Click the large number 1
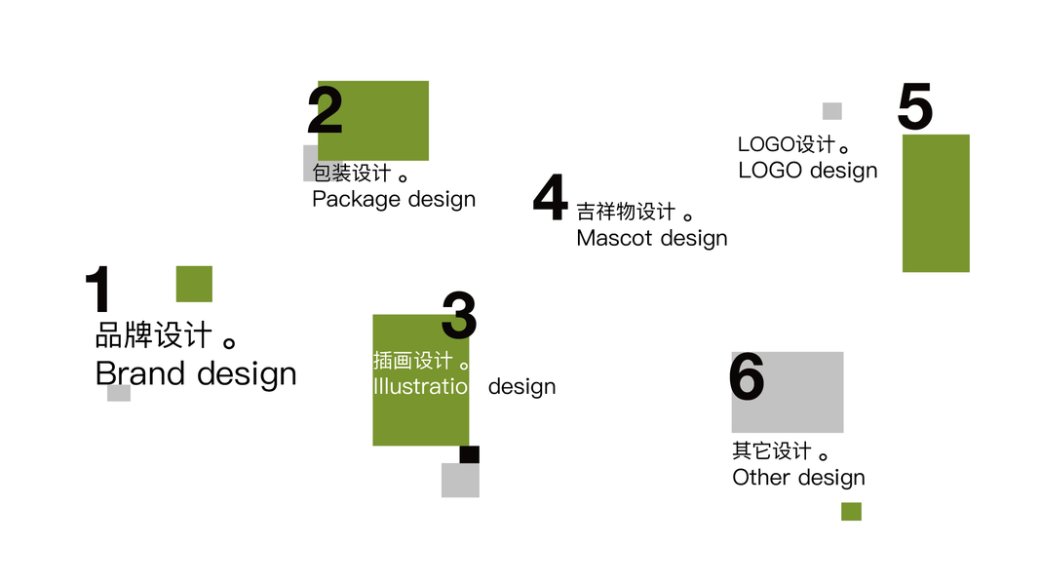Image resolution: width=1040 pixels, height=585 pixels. coord(98,290)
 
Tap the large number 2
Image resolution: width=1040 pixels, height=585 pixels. coord(326,110)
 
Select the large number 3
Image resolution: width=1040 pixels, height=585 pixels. coord(458,315)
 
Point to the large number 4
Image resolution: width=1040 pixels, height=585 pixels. coord(551,198)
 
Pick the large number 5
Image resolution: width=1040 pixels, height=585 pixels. coord(915,107)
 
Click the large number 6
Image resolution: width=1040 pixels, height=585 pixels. coord(747,377)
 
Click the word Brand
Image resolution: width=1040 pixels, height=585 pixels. coord(140,373)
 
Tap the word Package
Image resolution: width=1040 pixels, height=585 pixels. coord(357,200)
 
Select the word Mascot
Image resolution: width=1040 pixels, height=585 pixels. coord(614,238)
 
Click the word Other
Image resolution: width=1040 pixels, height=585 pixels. coord(761,478)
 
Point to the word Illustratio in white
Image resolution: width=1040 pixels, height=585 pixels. coord(420,386)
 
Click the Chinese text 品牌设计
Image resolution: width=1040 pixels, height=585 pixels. coord(154,336)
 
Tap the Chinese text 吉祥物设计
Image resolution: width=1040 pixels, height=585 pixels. coord(626,212)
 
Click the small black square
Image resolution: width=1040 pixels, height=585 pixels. coord(469,454)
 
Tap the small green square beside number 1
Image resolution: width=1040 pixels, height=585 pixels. coord(194,284)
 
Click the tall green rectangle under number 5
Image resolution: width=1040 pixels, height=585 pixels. coord(936,203)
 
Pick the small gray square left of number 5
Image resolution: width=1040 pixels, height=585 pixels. coord(831,111)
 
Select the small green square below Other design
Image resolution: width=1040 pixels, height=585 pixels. coord(851,511)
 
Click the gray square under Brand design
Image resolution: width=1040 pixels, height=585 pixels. coord(119,393)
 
